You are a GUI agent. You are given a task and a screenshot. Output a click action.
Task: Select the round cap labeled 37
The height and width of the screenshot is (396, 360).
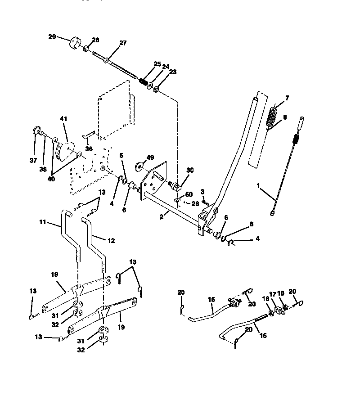(x=35, y=131)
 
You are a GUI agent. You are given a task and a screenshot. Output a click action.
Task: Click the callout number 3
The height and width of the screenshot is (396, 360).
(x=203, y=192)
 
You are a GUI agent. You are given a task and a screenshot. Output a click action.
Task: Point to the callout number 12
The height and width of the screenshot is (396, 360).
(x=111, y=241)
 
